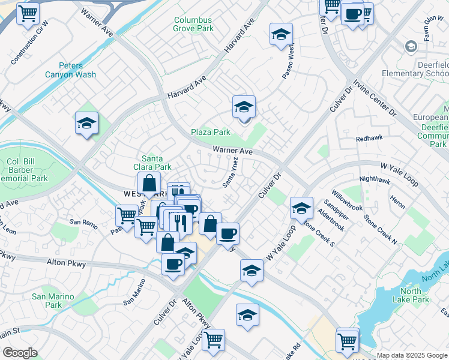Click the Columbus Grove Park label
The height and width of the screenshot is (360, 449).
194,23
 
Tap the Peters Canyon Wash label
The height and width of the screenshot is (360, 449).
70,70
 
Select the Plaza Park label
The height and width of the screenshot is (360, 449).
211,132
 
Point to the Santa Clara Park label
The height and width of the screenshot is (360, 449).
157,163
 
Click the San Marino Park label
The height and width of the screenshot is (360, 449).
53,301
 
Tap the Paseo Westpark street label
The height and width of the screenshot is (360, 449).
289,60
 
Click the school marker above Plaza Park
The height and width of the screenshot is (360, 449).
244,108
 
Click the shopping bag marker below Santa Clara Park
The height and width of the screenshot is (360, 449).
149,184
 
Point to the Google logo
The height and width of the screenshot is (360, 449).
20,353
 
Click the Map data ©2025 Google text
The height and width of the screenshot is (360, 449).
412,355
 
